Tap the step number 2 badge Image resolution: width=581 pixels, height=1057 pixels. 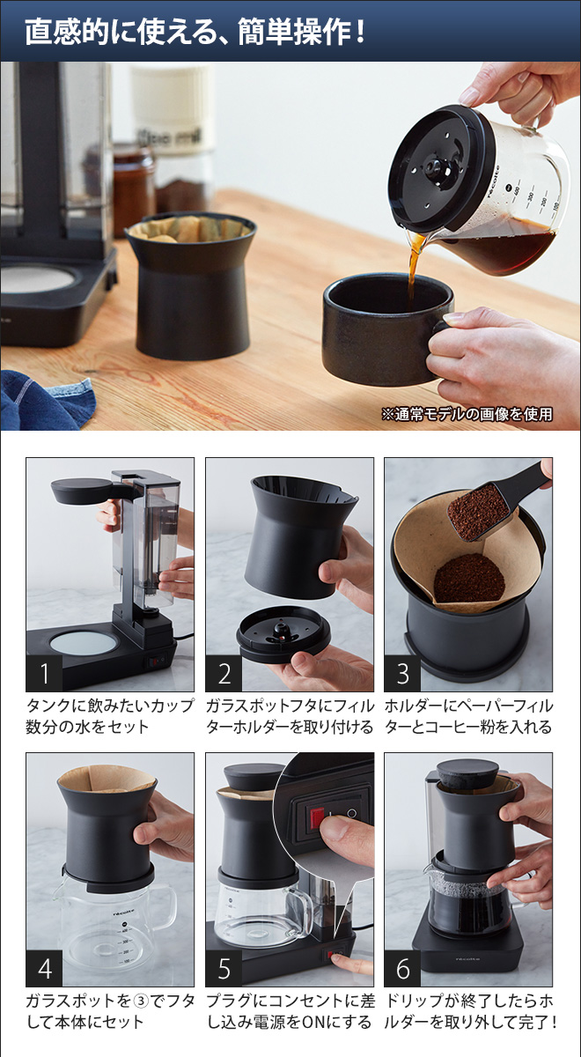[x=224, y=674]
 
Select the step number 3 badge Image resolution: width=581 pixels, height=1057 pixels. [x=402, y=674]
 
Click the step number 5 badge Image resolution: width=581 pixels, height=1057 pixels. [x=224, y=969]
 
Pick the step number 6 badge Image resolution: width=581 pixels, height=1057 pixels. [x=402, y=969]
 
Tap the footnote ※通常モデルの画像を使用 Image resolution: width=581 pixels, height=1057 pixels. [x=467, y=413]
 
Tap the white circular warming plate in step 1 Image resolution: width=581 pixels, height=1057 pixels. [x=84, y=642]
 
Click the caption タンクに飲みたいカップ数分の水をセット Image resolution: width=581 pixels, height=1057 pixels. [x=109, y=716]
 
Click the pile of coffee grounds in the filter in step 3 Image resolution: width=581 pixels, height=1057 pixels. [x=468, y=578]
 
